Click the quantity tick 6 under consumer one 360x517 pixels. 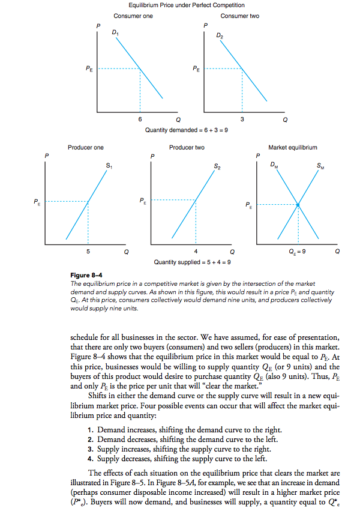click(x=140, y=119)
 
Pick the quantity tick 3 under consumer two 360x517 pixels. click(x=242, y=119)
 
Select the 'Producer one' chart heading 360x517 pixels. click(x=86, y=147)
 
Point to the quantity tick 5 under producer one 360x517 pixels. click(x=88, y=250)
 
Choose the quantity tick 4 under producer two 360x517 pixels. click(x=196, y=250)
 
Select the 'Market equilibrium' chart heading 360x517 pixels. click(x=293, y=147)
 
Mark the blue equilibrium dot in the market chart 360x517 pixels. click(x=298, y=205)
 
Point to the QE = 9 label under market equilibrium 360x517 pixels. click(x=298, y=250)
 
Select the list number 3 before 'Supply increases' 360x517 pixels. click(x=89, y=448)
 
